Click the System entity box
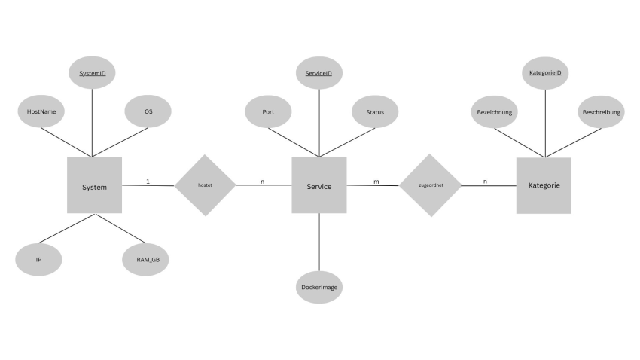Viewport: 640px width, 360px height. click(x=94, y=185)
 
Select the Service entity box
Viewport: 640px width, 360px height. click(x=319, y=185)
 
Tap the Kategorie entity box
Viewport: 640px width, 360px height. click(x=544, y=186)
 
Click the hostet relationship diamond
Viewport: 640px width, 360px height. click(x=206, y=185)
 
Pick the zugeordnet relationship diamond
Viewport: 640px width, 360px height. click(x=430, y=185)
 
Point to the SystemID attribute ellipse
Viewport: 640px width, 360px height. click(x=93, y=72)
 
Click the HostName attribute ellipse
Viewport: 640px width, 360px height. click(x=41, y=111)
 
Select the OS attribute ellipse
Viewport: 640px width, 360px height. click(x=148, y=111)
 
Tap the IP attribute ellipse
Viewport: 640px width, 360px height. click(x=38, y=260)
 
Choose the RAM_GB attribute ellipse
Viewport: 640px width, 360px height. click(x=146, y=260)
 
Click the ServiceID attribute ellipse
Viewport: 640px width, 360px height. click(x=319, y=73)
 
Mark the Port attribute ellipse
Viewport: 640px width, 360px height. click(x=268, y=111)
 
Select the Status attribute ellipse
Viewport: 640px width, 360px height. click(x=375, y=111)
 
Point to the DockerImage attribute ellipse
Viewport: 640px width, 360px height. click(x=319, y=288)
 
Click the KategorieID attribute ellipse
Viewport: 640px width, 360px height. click(x=545, y=73)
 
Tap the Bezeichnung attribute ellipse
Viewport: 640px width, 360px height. click(x=494, y=111)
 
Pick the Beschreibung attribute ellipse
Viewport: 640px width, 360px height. click(x=602, y=111)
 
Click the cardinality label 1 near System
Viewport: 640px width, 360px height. click(x=148, y=182)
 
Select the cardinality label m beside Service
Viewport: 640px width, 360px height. click(x=376, y=182)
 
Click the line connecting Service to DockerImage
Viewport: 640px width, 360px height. click(x=319, y=242)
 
